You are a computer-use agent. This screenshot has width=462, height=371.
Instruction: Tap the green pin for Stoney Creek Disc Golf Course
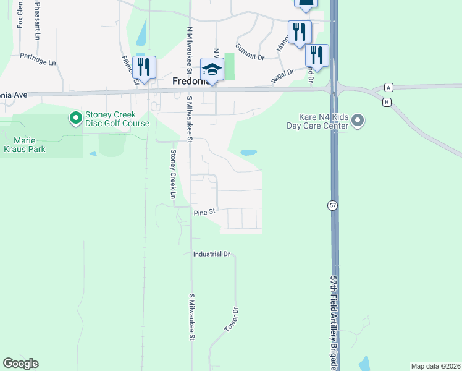(76, 117)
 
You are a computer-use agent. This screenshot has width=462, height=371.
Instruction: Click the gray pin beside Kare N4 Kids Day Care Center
(358, 122)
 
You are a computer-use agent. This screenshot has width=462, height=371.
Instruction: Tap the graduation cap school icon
(212, 70)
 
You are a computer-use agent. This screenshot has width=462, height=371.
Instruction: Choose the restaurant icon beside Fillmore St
(144, 68)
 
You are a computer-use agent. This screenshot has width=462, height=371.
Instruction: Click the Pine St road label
(204, 212)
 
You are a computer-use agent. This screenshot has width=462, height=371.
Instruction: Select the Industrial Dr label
(211, 254)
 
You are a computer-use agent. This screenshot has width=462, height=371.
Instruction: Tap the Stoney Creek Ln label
(174, 175)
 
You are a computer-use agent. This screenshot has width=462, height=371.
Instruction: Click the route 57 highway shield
(332, 205)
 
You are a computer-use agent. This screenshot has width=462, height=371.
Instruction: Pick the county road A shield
(388, 87)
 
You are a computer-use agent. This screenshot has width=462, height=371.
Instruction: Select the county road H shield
(387, 101)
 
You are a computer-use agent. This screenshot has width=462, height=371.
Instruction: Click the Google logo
(20, 364)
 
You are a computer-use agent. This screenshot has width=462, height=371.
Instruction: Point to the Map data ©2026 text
(435, 366)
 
